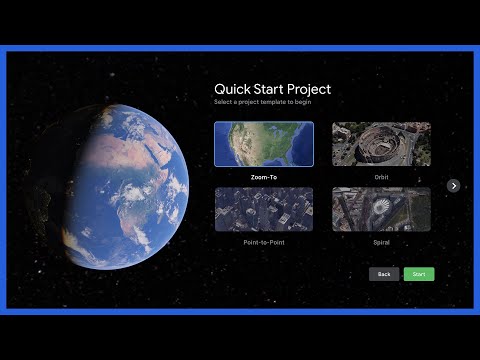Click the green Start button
[419, 274]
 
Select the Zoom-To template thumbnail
[263, 144]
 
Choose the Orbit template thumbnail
[381, 144]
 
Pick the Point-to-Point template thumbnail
[263, 209]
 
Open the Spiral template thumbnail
[381, 209]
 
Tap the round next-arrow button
[453, 185]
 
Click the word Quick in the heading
[232, 90]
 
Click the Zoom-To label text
[264, 177]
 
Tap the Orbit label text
[381, 177]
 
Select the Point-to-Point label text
[264, 242]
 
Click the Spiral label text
[381, 242]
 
